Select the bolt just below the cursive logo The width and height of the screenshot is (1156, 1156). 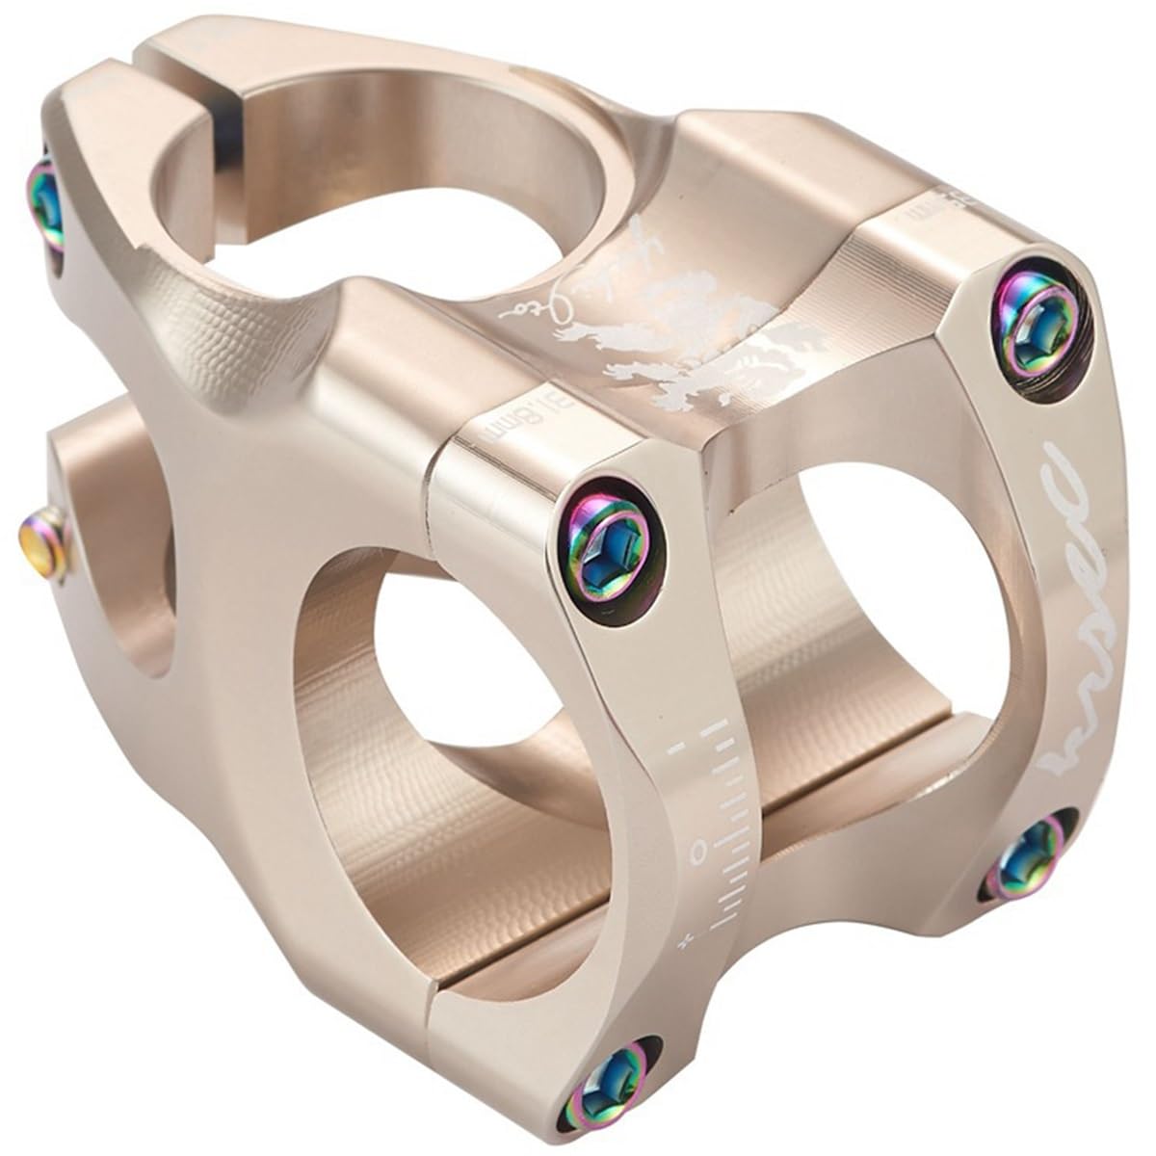click(1029, 855)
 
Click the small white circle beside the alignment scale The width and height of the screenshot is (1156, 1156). click(700, 848)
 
